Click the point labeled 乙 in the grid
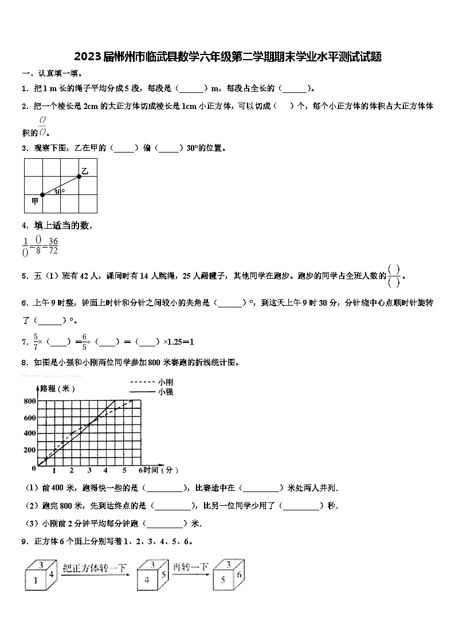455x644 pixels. click(x=79, y=176)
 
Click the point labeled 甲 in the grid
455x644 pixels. click(x=42, y=195)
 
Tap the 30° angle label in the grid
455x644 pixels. click(x=59, y=192)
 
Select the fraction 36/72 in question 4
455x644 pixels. click(x=53, y=245)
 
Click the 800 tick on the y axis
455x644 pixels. click(x=29, y=401)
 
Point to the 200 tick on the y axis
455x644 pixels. click(x=29, y=450)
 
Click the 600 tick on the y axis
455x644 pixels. click(x=29, y=417)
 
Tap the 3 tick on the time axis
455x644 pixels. click(x=89, y=471)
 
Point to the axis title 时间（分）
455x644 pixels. click(x=160, y=470)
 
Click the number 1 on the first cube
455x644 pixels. click(x=36, y=580)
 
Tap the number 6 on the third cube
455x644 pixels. click(x=239, y=575)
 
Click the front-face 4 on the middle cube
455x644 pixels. click(x=147, y=580)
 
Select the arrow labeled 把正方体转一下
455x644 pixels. click(x=95, y=571)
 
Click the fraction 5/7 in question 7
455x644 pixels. click(x=36, y=341)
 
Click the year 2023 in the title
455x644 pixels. click(x=87, y=57)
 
